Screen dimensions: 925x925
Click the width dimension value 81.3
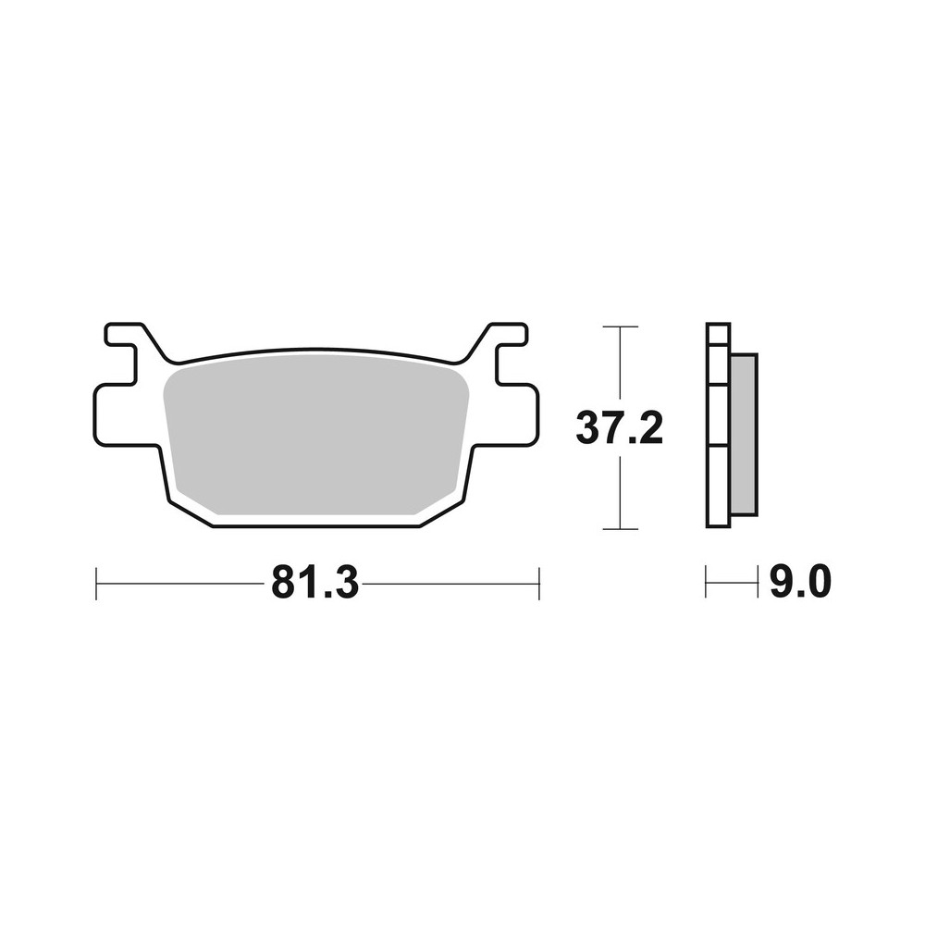click(314, 584)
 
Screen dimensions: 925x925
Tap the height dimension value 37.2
click(619, 428)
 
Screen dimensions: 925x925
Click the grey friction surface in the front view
click(314, 435)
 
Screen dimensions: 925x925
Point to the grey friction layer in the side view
click(743, 435)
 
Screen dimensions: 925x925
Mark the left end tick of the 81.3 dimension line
click(97, 584)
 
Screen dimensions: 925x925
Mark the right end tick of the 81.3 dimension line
click(538, 584)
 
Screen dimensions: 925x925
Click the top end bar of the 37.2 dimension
click(619, 327)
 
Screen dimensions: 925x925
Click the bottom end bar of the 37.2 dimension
click(619, 529)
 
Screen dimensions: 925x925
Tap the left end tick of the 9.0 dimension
click(707, 583)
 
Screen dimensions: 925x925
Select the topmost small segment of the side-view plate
click(718, 334)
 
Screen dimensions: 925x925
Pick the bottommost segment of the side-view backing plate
click(718, 487)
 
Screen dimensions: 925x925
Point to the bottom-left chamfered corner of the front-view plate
click(190, 514)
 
